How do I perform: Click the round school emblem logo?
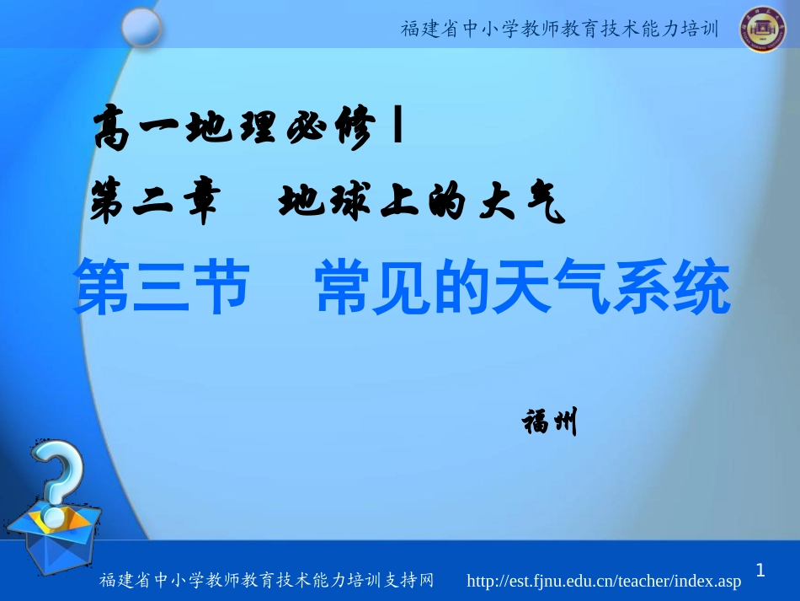click(765, 29)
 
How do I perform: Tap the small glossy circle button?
click(141, 27)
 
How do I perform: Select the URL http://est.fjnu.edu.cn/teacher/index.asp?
click(604, 581)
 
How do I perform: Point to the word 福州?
click(550, 421)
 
